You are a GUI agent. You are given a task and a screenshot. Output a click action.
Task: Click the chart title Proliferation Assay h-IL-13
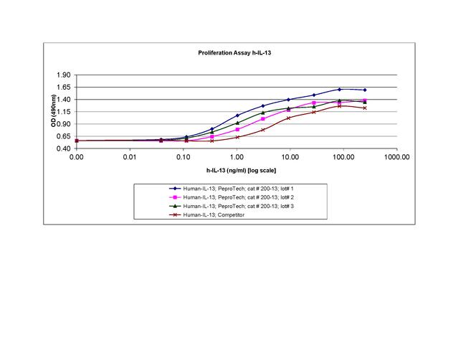click(235, 53)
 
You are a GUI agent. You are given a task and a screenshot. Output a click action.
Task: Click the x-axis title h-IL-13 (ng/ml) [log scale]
click(236, 170)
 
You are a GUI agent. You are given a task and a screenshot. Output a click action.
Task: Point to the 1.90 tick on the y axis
click(62, 75)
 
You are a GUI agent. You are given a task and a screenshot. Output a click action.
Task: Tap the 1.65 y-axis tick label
click(62, 87)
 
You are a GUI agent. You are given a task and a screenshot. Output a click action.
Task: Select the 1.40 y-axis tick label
click(62, 100)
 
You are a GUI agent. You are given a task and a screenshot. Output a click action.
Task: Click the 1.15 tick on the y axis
click(62, 112)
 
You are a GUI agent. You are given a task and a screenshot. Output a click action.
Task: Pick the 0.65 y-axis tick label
click(62, 136)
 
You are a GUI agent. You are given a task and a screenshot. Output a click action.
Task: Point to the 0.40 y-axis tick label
click(62, 148)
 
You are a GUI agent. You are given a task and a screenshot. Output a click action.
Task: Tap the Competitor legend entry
click(215, 214)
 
